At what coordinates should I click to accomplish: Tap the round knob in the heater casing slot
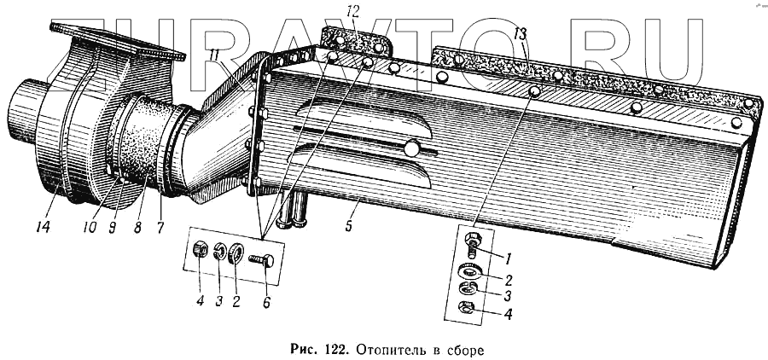coord(412,149)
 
